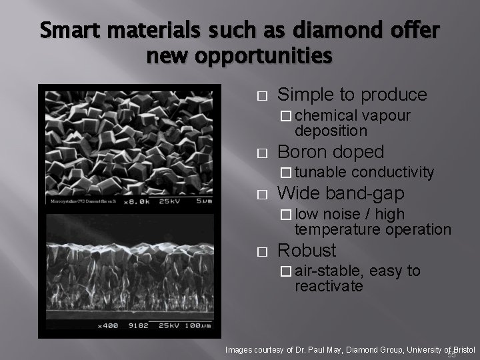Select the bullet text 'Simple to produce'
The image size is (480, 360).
click(x=352, y=94)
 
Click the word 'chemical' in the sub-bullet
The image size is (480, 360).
click(x=327, y=116)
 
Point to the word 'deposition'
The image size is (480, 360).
click(x=331, y=131)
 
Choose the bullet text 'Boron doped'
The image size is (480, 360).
click(x=331, y=151)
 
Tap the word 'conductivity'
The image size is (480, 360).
click(x=393, y=173)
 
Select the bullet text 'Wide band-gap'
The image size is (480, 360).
click(x=341, y=194)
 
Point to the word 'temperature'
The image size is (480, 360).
click(x=334, y=229)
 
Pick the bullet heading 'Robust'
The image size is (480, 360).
click(x=307, y=250)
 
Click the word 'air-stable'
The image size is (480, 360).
click(x=329, y=271)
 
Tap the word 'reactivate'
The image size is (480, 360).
click(x=329, y=286)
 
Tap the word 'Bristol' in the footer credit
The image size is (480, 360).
click(x=461, y=349)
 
